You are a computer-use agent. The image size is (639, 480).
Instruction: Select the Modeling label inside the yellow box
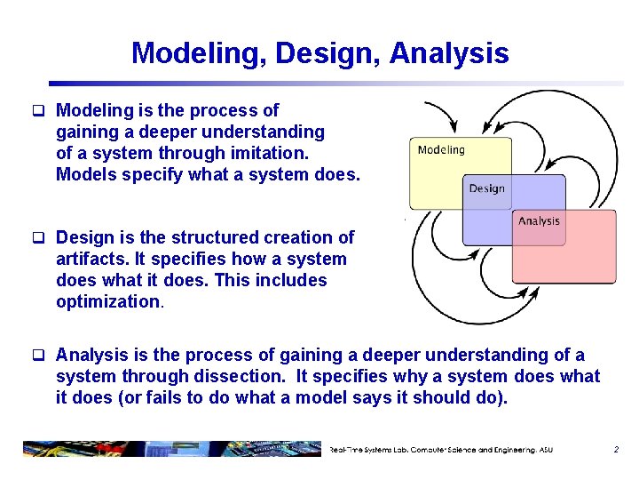441,149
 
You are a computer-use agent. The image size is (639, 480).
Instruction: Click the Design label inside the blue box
486,188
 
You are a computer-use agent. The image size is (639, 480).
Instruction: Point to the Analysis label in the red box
539,220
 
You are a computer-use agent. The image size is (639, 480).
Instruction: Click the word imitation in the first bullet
274,153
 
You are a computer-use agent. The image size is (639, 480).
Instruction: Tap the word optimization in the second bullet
107,301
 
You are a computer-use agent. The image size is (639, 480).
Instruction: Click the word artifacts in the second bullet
90,259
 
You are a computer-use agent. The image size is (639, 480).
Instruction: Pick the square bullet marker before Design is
38,238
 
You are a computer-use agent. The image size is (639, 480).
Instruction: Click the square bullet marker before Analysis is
38,356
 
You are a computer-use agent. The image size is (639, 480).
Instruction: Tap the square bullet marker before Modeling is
38,111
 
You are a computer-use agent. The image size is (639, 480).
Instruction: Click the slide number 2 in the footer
616,450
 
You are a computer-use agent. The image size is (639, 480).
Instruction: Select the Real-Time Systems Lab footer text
440,450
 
